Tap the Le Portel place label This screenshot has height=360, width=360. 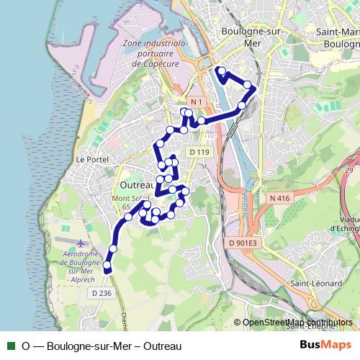click(x=91, y=159)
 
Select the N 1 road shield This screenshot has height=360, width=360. click(x=198, y=102)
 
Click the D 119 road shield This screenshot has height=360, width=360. click(x=199, y=152)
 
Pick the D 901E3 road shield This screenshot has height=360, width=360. click(x=243, y=243)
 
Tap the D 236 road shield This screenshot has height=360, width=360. click(x=102, y=293)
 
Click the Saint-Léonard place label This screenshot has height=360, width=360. click(x=316, y=284)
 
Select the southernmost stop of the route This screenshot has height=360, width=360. click(x=107, y=266)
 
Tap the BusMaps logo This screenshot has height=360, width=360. click(x=325, y=346)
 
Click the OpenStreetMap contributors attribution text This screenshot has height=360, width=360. click(x=297, y=323)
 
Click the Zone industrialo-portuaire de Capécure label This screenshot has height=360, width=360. click(x=155, y=53)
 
